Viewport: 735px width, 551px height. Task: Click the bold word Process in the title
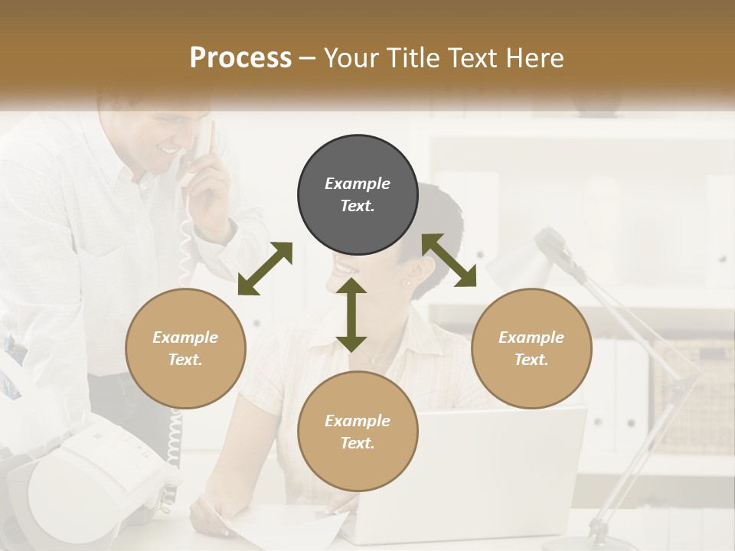[240, 58]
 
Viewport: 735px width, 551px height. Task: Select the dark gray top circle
[358, 195]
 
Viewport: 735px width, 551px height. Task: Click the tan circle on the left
[185, 348]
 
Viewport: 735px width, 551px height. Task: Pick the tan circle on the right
[531, 348]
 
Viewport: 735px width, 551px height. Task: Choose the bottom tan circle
[358, 432]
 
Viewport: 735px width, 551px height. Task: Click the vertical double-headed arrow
[351, 315]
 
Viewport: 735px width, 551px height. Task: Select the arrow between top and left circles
[265, 269]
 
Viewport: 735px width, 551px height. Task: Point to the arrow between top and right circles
[449, 260]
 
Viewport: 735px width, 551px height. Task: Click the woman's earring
[407, 283]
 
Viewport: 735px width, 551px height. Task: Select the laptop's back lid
[498, 467]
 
